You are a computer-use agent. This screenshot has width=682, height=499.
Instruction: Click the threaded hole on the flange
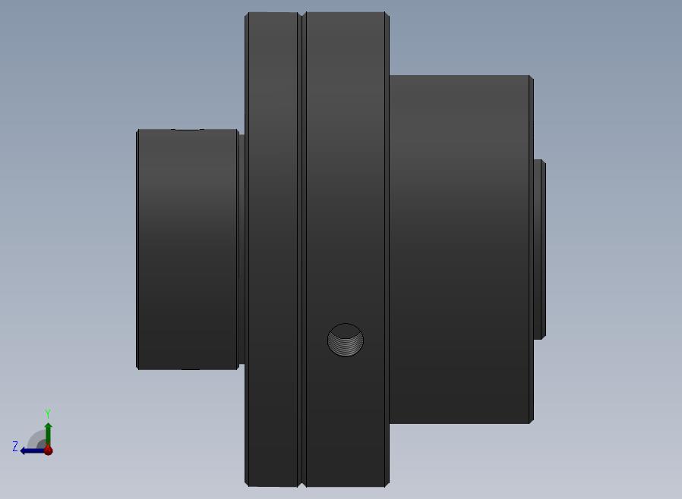click(x=346, y=340)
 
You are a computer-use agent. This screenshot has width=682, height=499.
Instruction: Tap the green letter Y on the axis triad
click(x=48, y=413)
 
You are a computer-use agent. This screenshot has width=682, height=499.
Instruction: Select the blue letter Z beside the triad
click(x=15, y=446)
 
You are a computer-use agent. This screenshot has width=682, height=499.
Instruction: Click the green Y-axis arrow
click(x=49, y=435)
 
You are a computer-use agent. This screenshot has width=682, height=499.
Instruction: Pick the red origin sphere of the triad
click(x=49, y=450)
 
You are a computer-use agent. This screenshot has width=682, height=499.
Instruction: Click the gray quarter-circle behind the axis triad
click(x=36, y=439)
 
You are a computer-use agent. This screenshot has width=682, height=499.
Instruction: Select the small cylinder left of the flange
click(x=188, y=249)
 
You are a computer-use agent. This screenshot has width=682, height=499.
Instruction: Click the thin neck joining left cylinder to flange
click(x=242, y=249)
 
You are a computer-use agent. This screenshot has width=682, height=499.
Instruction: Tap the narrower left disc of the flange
click(x=273, y=249)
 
